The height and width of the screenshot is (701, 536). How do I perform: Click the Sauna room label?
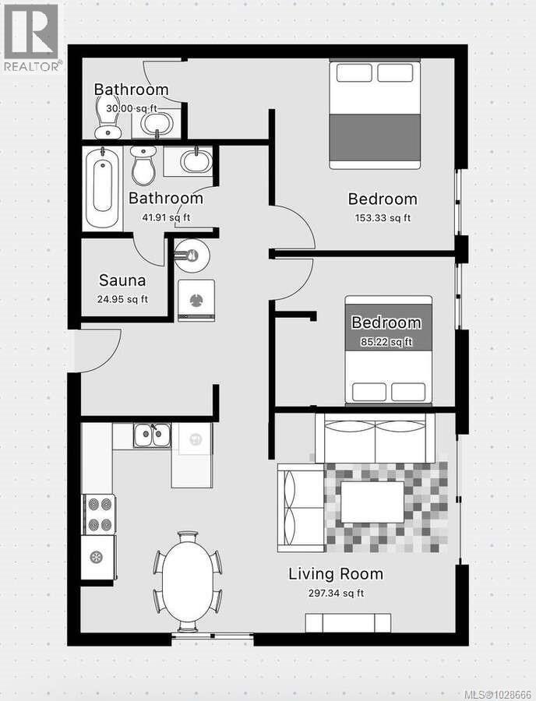coord(122,280)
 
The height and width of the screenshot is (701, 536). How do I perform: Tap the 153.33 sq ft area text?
coord(382,218)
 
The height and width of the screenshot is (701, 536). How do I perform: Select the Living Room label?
coord(336,575)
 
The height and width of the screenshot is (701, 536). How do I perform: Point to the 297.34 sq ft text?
coord(336,594)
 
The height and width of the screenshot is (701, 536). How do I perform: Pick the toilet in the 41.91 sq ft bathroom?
coord(143,166)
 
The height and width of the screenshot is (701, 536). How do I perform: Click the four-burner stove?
coord(100,514)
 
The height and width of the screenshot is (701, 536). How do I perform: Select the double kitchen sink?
coord(152,436)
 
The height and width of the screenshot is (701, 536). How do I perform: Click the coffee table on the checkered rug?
coord(372,502)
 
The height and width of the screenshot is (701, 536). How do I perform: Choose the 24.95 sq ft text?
coord(122,299)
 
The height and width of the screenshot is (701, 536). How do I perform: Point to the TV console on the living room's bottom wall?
coord(347,622)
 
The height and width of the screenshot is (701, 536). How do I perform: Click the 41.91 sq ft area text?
coord(165,218)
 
